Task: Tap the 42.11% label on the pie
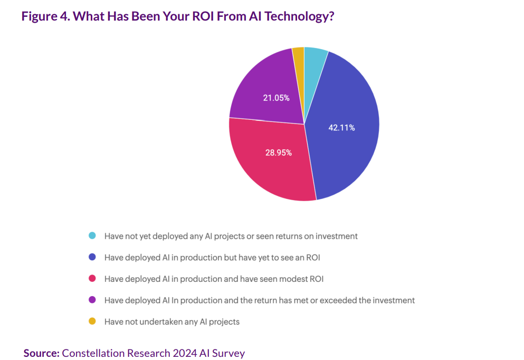tap(341, 128)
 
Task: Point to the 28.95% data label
tap(278, 153)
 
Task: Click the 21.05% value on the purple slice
tap(276, 97)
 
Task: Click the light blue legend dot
tap(92, 236)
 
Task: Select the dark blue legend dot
tap(92, 258)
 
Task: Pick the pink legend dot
tap(92, 279)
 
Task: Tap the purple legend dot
tap(92, 300)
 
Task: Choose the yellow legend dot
tap(92, 321)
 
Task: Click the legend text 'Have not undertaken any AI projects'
tap(172, 321)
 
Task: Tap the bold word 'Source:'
tap(42, 353)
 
